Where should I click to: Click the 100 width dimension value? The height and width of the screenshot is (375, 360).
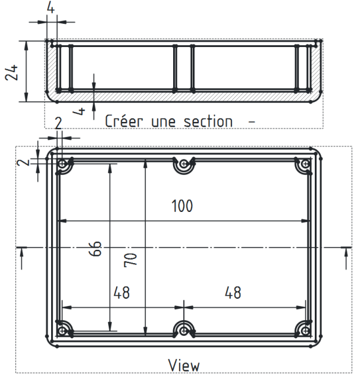[182, 206]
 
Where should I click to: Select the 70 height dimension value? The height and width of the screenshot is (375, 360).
[130, 260]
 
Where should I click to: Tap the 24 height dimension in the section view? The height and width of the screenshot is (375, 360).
[11, 72]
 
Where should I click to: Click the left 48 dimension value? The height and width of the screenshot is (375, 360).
[121, 292]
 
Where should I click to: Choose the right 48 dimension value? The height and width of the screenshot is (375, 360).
[233, 292]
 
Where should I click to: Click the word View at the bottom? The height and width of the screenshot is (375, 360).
[184, 365]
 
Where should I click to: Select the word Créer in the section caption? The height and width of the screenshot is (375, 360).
[123, 121]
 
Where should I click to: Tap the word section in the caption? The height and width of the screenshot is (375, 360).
[208, 121]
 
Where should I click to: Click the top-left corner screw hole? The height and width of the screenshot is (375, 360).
[62, 164]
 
